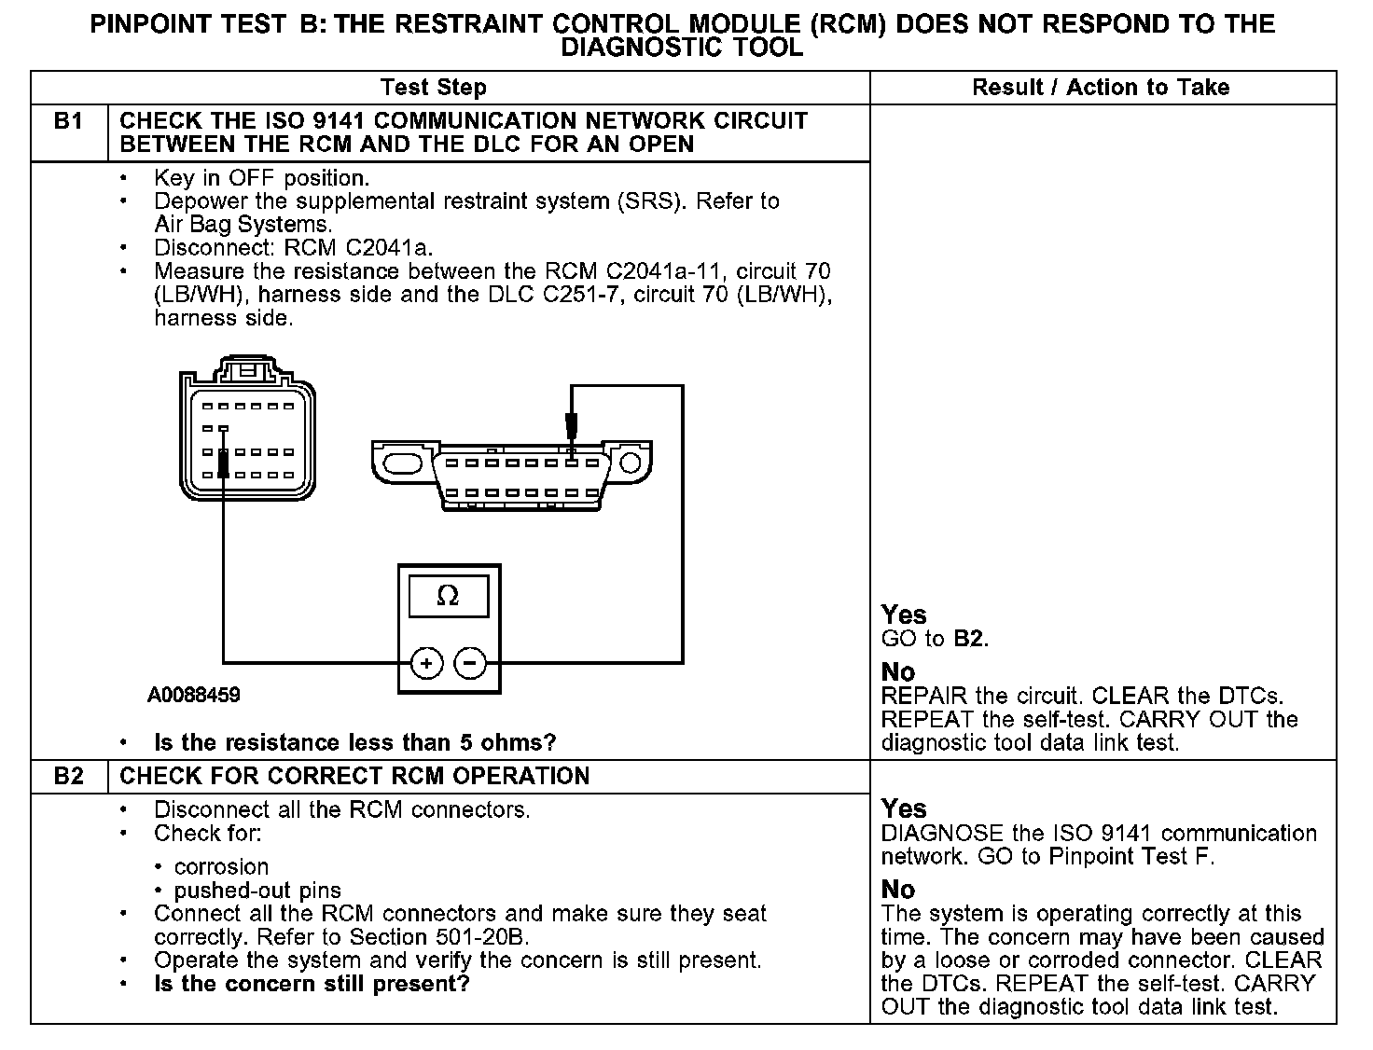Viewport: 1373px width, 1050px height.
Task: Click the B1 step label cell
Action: coord(69,122)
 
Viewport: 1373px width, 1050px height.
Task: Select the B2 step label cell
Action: coord(69,776)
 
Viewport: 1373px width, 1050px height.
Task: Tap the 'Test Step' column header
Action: coord(433,88)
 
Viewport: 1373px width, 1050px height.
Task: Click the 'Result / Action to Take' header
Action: coord(1101,88)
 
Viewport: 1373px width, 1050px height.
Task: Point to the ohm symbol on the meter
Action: coord(448,596)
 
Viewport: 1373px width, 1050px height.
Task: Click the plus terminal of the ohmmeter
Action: coord(426,664)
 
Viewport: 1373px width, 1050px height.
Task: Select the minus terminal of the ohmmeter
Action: coord(470,664)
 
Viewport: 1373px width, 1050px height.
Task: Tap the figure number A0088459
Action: coord(193,695)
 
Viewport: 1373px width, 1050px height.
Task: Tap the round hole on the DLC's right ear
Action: coord(631,463)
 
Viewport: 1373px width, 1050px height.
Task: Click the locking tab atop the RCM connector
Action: coord(246,368)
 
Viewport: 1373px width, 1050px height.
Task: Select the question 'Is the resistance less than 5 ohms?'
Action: coord(354,743)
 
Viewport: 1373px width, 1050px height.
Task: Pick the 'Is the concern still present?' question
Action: coord(312,984)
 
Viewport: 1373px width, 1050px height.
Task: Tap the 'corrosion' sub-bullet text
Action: coord(221,866)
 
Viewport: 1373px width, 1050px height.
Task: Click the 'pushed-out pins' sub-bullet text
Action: coord(257,891)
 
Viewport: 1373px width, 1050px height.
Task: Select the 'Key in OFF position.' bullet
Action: coord(261,178)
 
